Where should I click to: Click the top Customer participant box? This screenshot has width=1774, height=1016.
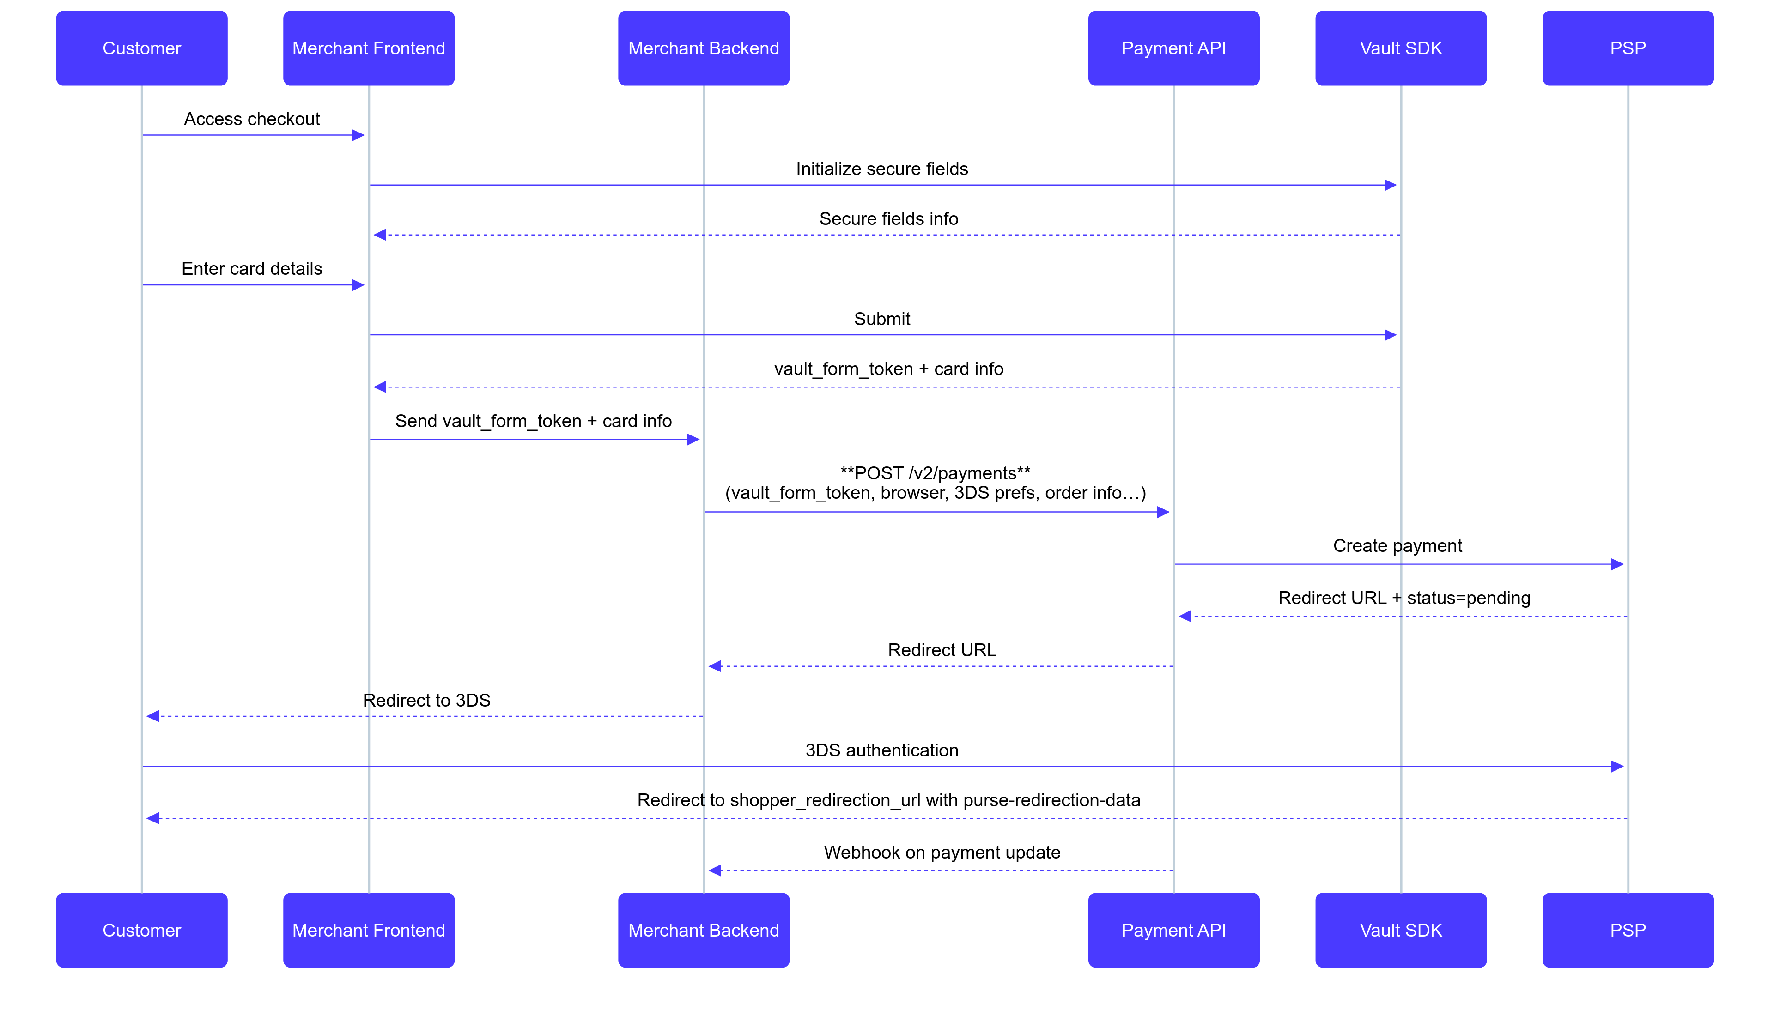[142, 48]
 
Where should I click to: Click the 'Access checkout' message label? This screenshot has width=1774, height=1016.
[252, 119]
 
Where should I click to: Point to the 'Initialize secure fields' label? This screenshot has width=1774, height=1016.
[881, 169]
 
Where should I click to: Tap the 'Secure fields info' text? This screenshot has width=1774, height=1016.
[888, 219]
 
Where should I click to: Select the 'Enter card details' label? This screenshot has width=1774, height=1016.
[252, 269]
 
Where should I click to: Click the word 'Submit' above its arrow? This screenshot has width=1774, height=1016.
[881, 319]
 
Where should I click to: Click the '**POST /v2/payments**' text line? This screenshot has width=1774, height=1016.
[935, 473]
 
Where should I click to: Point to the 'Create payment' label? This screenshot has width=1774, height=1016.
[1397, 546]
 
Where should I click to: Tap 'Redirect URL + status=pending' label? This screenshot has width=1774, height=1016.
[1403, 598]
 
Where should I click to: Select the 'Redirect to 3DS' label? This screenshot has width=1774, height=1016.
[426, 700]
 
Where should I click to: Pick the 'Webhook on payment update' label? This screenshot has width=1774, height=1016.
[942, 852]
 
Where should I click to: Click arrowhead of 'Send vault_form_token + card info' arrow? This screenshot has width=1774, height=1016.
[693, 440]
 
